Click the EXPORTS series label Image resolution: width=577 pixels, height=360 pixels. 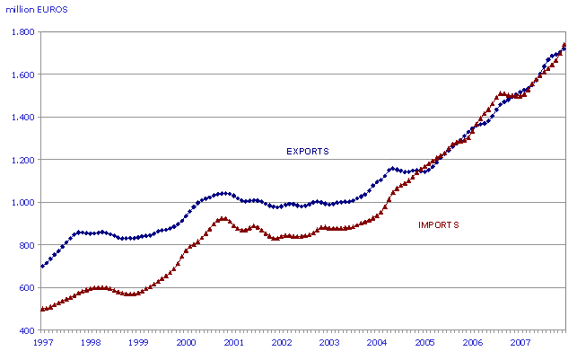pos(307,151)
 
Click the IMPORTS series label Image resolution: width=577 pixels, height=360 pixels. pos(439,224)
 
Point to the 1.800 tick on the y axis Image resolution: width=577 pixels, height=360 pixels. pos(22,32)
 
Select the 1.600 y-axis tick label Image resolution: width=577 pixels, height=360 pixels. pos(22,75)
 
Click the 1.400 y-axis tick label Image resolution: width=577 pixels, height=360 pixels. pos(22,118)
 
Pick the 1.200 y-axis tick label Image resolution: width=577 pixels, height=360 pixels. pos(22,160)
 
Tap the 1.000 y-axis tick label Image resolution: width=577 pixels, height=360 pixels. pos(22,203)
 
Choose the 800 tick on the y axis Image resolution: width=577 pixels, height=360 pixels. pos(26,245)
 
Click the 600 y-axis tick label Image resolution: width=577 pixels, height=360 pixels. pos(26,288)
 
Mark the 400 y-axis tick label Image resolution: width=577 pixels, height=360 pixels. pos(26,330)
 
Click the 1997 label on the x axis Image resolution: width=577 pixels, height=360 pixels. pos(42,343)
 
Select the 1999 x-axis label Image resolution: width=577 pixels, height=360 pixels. pos(138,343)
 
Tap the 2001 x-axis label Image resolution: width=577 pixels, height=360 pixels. pos(234,343)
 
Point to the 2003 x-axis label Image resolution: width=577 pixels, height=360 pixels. pos(329,343)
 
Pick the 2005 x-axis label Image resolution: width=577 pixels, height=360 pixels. pos(425,343)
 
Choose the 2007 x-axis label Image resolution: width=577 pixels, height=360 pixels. pos(520,343)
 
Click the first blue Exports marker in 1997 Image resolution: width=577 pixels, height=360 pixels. pos(42,266)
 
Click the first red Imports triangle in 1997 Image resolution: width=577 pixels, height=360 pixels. pos(42,309)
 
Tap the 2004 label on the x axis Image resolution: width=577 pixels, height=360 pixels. pos(378,343)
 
